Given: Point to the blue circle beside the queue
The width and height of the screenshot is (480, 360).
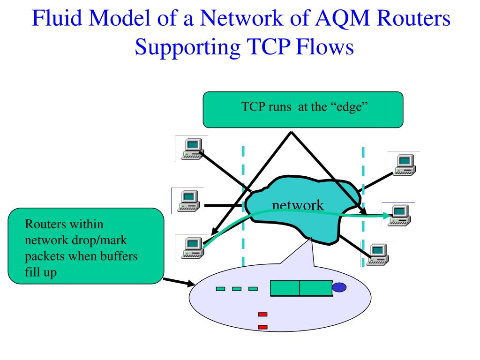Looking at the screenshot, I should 339,287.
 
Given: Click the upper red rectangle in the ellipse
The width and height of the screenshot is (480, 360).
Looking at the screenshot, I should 262,315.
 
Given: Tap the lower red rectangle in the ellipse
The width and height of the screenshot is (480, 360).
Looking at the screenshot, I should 262,327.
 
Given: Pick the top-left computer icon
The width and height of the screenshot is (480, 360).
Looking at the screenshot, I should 191,149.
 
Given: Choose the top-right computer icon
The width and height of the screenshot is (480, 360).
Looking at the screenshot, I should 404,164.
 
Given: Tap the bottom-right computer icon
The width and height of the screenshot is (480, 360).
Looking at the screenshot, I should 375,254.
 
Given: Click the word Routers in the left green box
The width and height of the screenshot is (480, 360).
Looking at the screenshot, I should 43,225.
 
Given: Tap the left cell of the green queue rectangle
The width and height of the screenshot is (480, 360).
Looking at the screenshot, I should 285,288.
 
